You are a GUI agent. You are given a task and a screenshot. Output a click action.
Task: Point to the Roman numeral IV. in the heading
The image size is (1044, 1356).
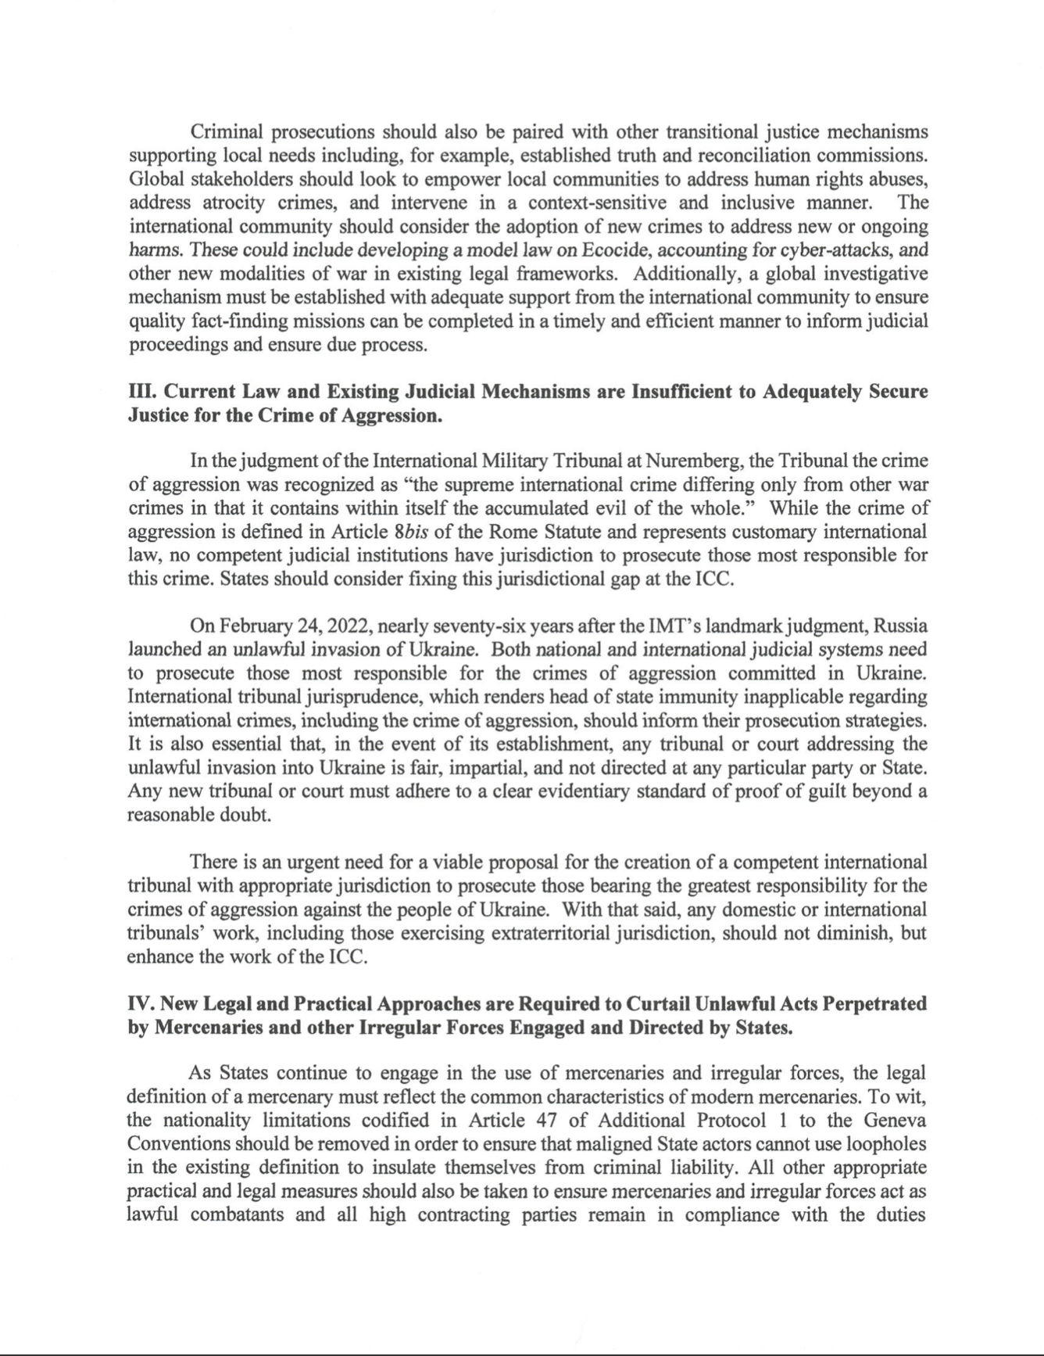(x=141, y=1003)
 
